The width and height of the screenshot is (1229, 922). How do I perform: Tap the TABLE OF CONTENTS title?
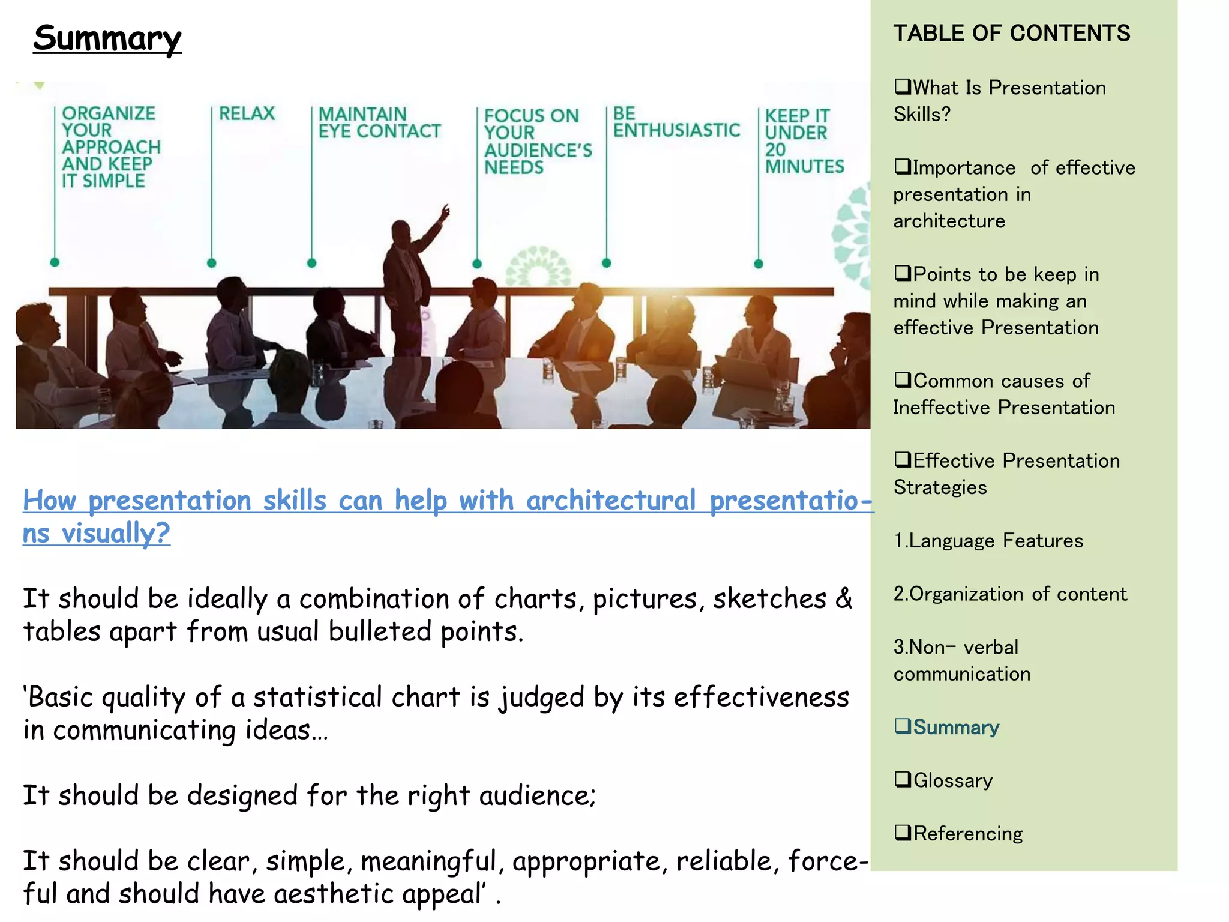pyautogui.click(x=1011, y=33)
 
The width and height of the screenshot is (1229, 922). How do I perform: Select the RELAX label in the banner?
pyautogui.click(x=247, y=113)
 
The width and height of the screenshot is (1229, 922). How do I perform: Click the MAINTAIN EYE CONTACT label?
pyautogui.click(x=379, y=122)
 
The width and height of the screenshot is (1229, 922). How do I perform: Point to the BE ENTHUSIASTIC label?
pyautogui.click(x=676, y=122)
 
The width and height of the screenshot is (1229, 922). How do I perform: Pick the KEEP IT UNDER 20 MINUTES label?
pyautogui.click(x=804, y=141)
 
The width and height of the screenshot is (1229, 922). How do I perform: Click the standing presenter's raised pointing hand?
pyautogui.click(x=445, y=211)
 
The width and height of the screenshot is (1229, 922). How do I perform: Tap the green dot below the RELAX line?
pyautogui.click(x=211, y=263)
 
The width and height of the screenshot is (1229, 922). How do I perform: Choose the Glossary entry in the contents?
pyautogui.click(x=952, y=780)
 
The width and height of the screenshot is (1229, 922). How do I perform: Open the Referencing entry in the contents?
pyautogui.click(x=967, y=834)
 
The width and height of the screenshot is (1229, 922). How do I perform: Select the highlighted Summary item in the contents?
pyautogui.click(x=955, y=728)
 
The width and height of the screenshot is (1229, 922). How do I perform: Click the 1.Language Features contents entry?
pyautogui.click(x=988, y=541)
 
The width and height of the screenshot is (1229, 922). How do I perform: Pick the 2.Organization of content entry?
pyautogui.click(x=1010, y=594)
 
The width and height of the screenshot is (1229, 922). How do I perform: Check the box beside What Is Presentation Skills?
pyautogui.click(x=902, y=87)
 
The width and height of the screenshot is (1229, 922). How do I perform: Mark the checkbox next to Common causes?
pyautogui.click(x=902, y=380)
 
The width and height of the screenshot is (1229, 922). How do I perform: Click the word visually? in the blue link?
pyautogui.click(x=116, y=533)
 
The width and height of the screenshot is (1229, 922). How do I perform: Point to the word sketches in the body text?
pyautogui.click(x=769, y=599)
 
